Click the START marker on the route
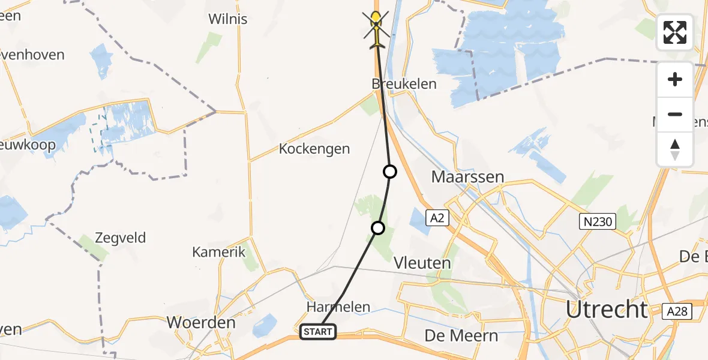[318, 331]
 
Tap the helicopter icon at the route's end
[376, 28]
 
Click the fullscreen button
[675, 32]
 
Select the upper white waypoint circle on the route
[390, 172]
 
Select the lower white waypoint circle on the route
[378, 228]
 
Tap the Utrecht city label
[607, 310]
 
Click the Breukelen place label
[404, 84]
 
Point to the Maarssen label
[467, 178]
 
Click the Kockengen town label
[314, 149]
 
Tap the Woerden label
[201, 322]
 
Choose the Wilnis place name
[227, 19]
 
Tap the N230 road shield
[597, 222]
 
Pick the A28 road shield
[677, 311]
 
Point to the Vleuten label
[422, 263]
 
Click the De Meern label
[461, 335]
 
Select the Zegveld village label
[121, 238]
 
